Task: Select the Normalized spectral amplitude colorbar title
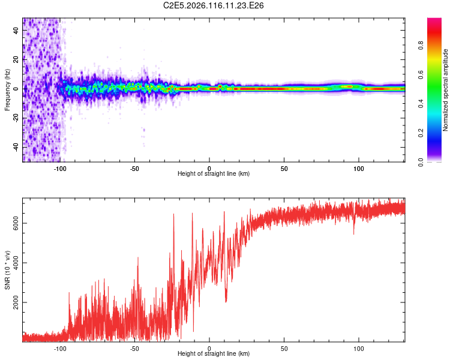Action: [446, 90]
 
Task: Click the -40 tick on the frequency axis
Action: [16, 146]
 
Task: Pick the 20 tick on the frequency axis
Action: [16, 60]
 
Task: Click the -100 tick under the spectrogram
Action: [60, 168]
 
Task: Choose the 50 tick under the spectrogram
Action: [284, 168]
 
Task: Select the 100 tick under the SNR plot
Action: [359, 349]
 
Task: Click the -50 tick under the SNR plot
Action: [134, 349]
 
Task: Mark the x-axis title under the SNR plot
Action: [214, 355]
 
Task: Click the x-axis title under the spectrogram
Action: [214, 174]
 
